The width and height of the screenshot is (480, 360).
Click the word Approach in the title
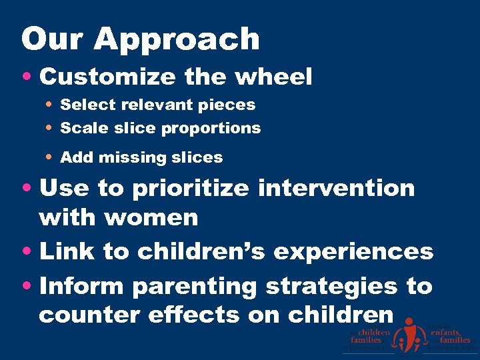pyautogui.click(x=177, y=40)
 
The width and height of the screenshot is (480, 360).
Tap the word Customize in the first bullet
pyautogui.click(x=106, y=77)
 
